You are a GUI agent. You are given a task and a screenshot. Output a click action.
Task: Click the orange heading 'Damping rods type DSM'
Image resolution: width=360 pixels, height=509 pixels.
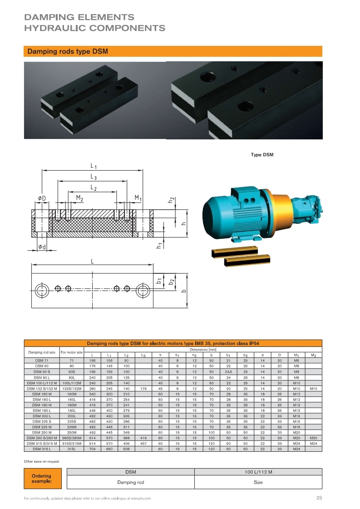point(68,51)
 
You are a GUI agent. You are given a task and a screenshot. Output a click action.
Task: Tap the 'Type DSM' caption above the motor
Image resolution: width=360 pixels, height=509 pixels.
point(262,155)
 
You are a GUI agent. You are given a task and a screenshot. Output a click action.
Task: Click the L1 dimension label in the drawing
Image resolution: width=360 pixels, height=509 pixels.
point(94,166)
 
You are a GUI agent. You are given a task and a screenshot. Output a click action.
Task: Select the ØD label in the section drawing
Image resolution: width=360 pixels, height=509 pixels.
point(42,198)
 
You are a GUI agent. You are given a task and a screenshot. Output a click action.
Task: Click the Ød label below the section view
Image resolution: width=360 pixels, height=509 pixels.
point(42,247)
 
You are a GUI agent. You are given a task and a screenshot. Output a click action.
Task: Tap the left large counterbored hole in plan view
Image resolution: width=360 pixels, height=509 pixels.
point(42,290)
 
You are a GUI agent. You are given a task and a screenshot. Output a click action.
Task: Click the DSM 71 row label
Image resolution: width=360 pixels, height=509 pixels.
point(42,361)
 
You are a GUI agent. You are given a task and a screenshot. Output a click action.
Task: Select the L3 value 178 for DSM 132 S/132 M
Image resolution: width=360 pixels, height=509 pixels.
point(143,389)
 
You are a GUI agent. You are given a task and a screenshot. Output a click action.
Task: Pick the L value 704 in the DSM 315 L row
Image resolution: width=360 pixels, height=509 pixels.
point(92,449)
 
